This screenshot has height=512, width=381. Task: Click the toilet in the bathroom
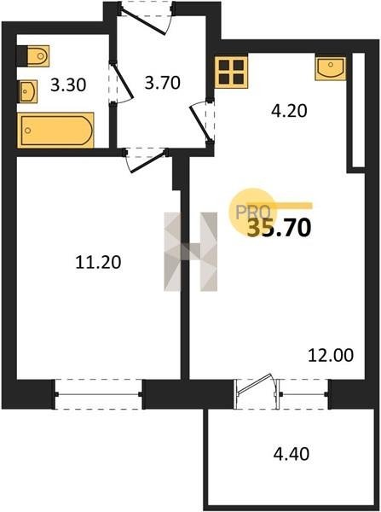pos(33,55)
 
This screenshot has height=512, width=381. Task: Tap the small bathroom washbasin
pos(27,91)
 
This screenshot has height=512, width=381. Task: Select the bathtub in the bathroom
pos(55,131)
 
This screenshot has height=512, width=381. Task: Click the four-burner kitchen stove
pos(231,73)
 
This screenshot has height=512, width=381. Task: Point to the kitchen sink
pos(331,68)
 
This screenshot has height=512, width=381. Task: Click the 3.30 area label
pos(68,85)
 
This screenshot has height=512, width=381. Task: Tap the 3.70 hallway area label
pos(163,83)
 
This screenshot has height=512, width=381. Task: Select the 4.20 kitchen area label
pos(289,111)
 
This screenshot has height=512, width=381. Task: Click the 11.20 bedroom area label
pos(98,262)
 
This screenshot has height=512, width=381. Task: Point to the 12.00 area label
pos(331,355)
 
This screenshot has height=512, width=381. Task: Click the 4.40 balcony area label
pos(291,454)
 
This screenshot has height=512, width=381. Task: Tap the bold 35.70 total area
pos(279,228)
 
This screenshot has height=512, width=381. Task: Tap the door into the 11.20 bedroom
pos(147,160)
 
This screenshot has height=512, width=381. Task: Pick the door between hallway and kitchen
pos(201,121)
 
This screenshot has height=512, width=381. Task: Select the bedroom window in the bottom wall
pos(99,394)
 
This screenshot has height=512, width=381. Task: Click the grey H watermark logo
pos(191,252)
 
